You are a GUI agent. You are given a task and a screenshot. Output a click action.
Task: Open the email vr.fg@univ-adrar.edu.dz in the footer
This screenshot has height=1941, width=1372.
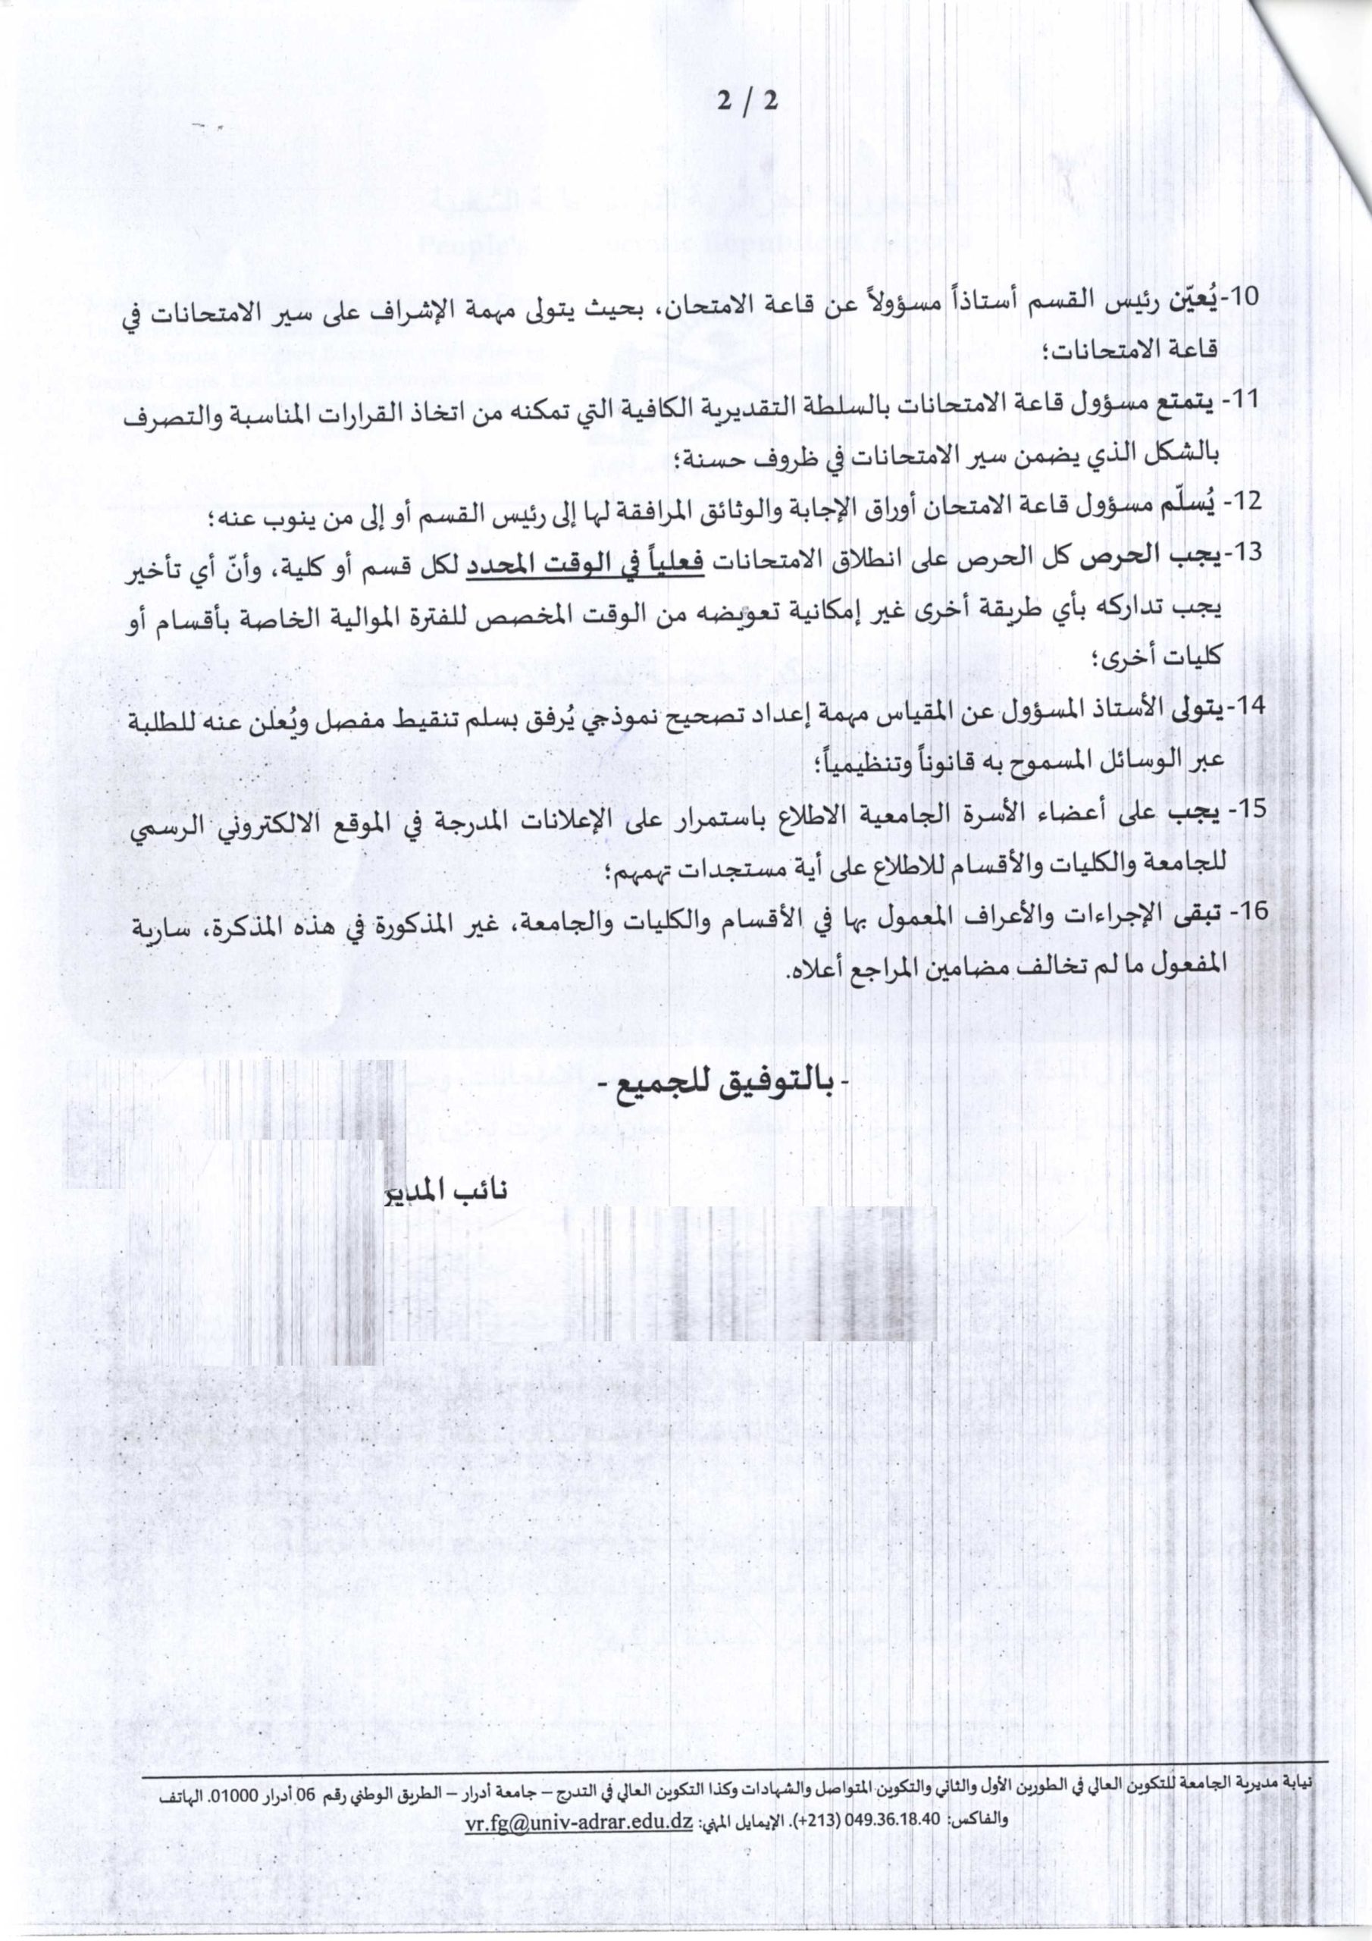(x=579, y=1725)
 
